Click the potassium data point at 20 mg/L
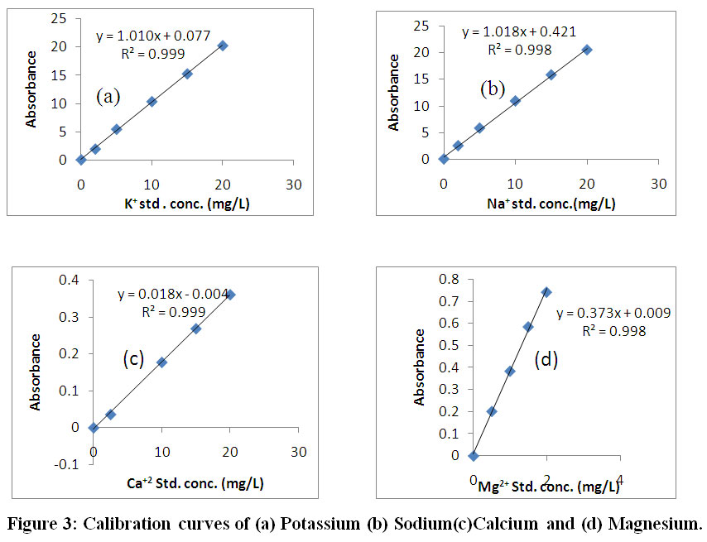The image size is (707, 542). tap(223, 46)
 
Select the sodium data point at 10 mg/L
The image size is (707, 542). tap(515, 101)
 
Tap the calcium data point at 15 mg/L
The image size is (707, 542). tap(196, 329)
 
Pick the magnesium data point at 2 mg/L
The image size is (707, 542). tap(546, 292)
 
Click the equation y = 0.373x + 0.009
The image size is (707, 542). tap(613, 314)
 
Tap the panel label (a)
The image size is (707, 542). tap(108, 96)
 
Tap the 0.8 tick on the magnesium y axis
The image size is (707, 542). tap(449, 279)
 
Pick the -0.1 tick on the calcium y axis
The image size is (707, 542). tap(69, 464)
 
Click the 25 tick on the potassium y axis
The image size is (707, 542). tap(60, 18)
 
